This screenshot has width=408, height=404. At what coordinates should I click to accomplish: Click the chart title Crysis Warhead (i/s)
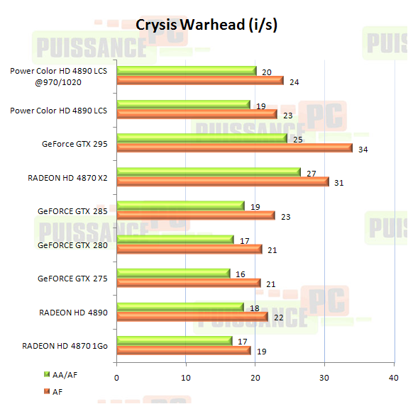coord(206,25)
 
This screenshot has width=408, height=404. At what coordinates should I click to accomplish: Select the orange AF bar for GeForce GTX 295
coord(234,148)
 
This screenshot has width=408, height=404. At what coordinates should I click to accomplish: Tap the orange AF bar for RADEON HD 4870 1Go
coord(183,350)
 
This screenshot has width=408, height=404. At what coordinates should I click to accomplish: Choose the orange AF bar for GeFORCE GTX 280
coord(189,249)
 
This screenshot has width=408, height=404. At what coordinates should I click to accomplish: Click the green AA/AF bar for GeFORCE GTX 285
coord(180,206)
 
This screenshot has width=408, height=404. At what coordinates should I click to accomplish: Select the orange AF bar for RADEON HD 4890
coord(192,317)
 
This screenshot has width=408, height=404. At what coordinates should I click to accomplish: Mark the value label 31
coord(339,183)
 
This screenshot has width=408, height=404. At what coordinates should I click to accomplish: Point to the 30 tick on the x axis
coord(324,378)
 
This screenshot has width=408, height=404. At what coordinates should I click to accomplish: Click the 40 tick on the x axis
coord(394,378)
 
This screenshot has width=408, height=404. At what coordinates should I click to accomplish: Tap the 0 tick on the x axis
coord(116,378)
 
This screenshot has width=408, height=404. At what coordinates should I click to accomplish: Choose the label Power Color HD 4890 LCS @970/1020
coord(60,76)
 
